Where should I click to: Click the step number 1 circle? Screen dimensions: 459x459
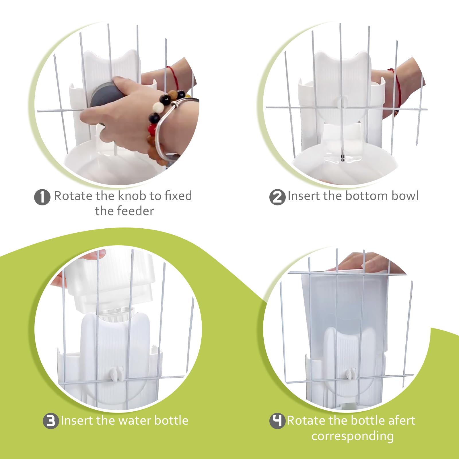(x=42, y=197)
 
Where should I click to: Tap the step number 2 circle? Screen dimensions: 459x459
(x=277, y=197)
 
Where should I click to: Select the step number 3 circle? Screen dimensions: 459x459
(x=51, y=421)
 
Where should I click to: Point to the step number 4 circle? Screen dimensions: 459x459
(x=277, y=421)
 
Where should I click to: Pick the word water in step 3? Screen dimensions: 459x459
(x=135, y=421)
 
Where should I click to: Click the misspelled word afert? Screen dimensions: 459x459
(x=401, y=421)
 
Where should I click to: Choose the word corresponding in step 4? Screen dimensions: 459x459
(x=352, y=436)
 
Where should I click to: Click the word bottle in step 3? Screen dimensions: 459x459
(x=171, y=421)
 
